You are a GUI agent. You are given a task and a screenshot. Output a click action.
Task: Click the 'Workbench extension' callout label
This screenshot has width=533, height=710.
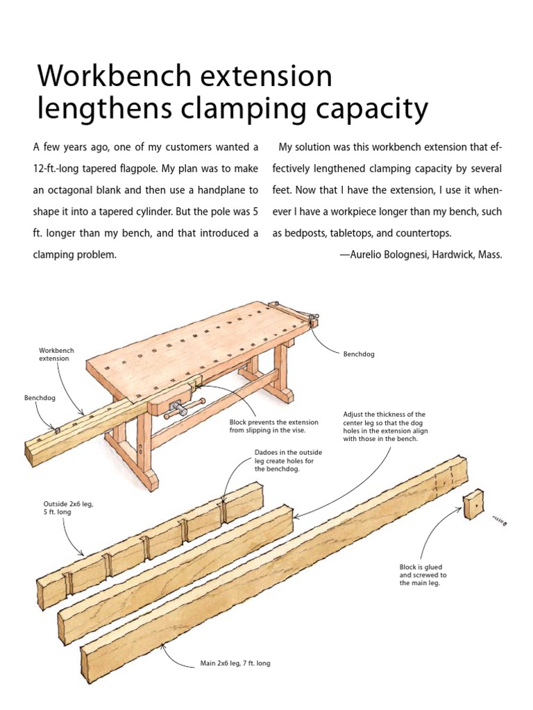point(56,355)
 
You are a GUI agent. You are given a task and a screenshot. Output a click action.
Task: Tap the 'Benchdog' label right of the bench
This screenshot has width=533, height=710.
point(359,354)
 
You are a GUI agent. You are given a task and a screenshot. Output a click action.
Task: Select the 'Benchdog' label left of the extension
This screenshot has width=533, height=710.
point(40,399)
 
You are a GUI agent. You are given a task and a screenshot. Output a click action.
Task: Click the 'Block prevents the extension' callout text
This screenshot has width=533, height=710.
point(273,426)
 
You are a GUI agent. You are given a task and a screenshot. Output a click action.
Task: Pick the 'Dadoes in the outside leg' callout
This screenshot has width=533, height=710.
point(288,460)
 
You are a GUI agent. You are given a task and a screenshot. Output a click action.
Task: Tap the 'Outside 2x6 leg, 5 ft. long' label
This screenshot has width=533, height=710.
point(67,508)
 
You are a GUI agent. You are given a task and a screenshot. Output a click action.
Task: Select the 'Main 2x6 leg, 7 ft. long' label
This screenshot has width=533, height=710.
point(235,664)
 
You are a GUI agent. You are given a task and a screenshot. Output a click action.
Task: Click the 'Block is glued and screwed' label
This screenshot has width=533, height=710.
point(423,575)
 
